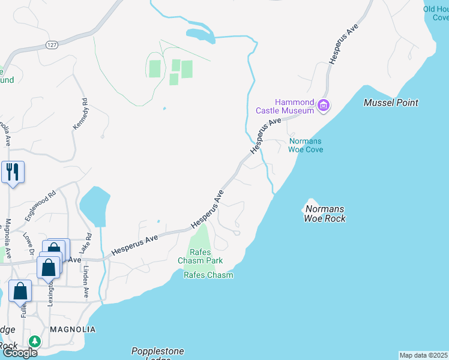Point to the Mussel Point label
pos(391,103)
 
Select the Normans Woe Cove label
pos(306,145)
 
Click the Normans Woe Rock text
pos(325,214)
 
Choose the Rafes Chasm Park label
pos(200,256)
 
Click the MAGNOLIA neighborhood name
pos(73,329)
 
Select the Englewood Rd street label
pos(44,202)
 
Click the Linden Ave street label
pos(86,283)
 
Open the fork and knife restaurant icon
pos(12,172)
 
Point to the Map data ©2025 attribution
pos(423,355)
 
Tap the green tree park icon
pos(35,341)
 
